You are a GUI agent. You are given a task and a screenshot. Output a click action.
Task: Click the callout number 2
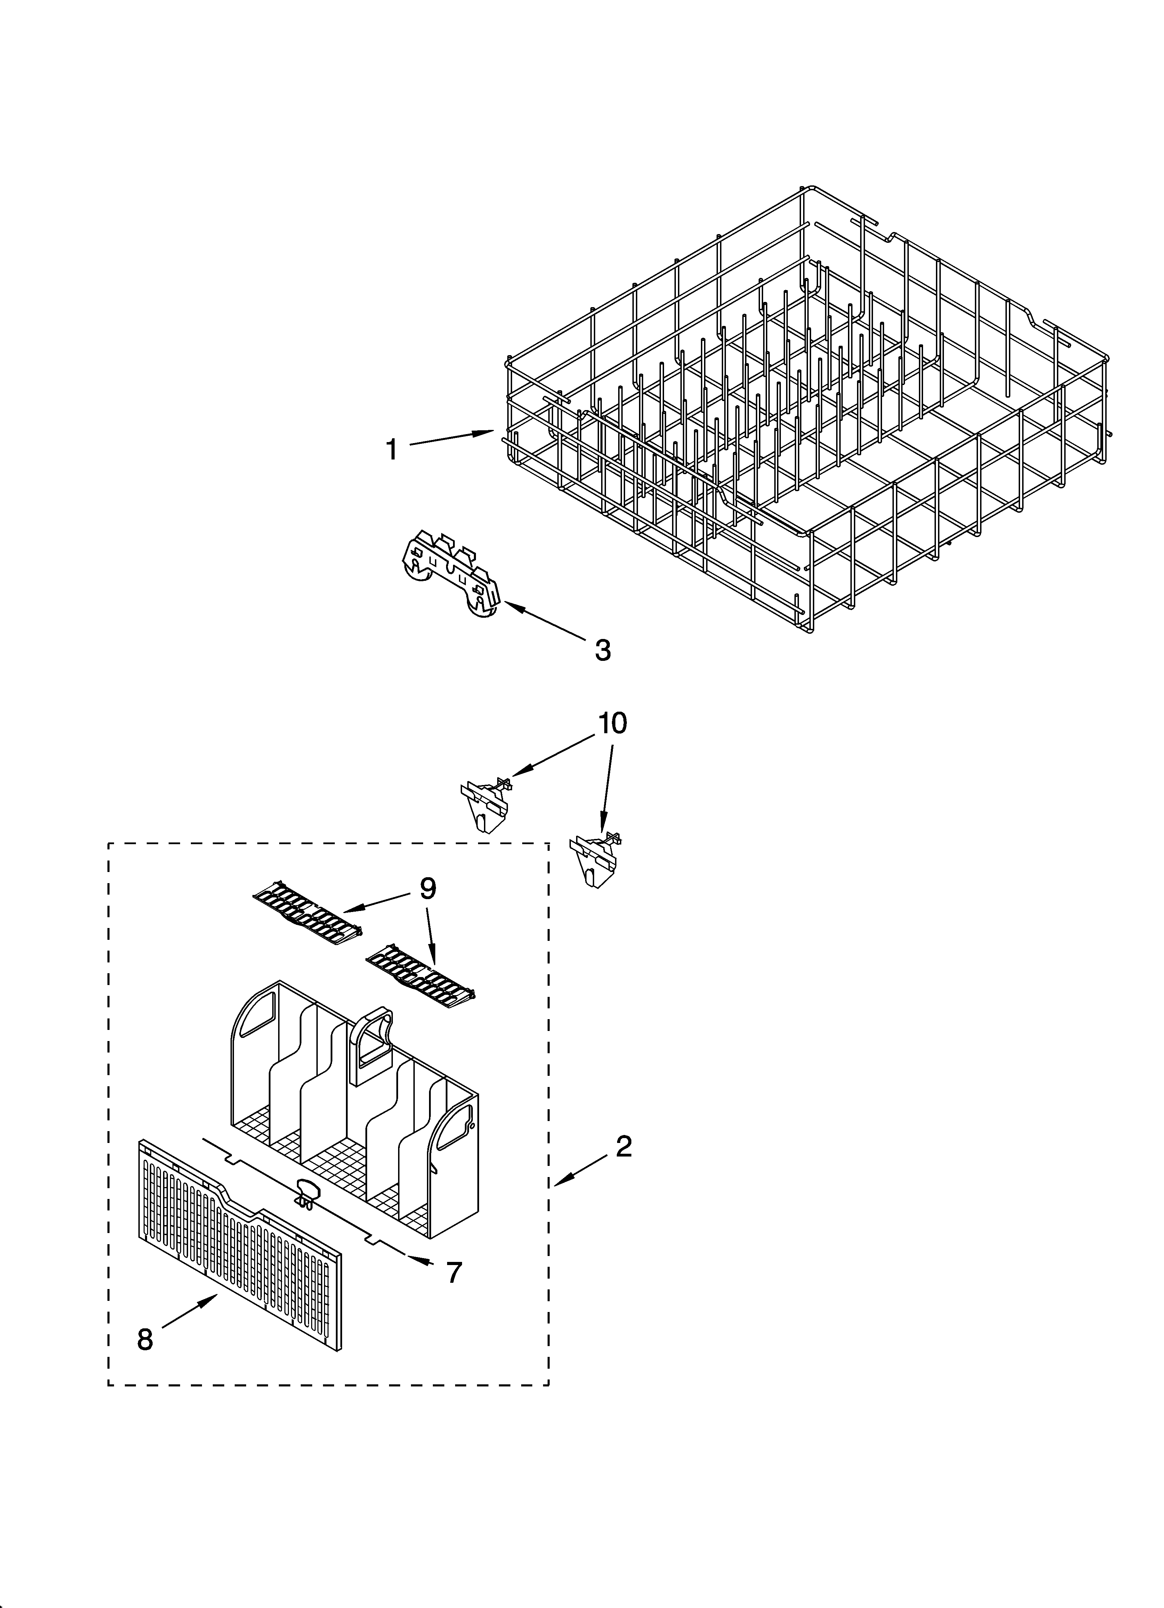[623, 1146]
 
